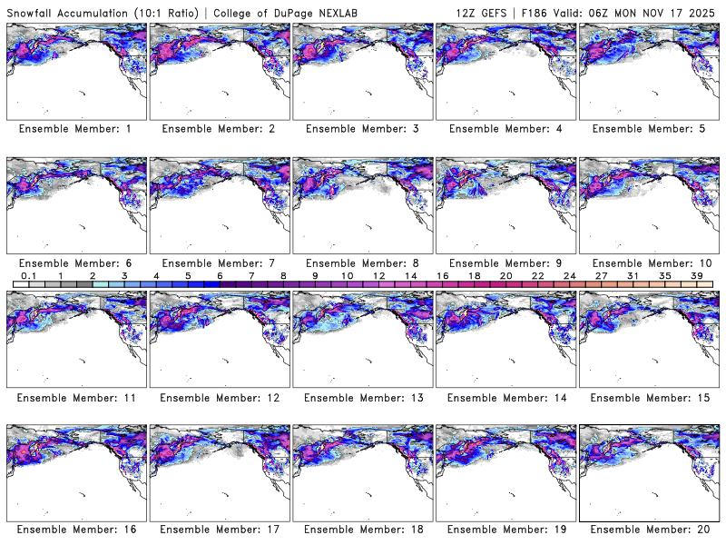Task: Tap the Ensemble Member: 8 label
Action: coord(362,263)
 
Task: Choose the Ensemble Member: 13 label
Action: coord(362,398)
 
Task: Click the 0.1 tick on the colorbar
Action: coord(28,275)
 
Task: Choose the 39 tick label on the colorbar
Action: coord(697,275)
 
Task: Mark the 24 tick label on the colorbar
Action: coord(569,275)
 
